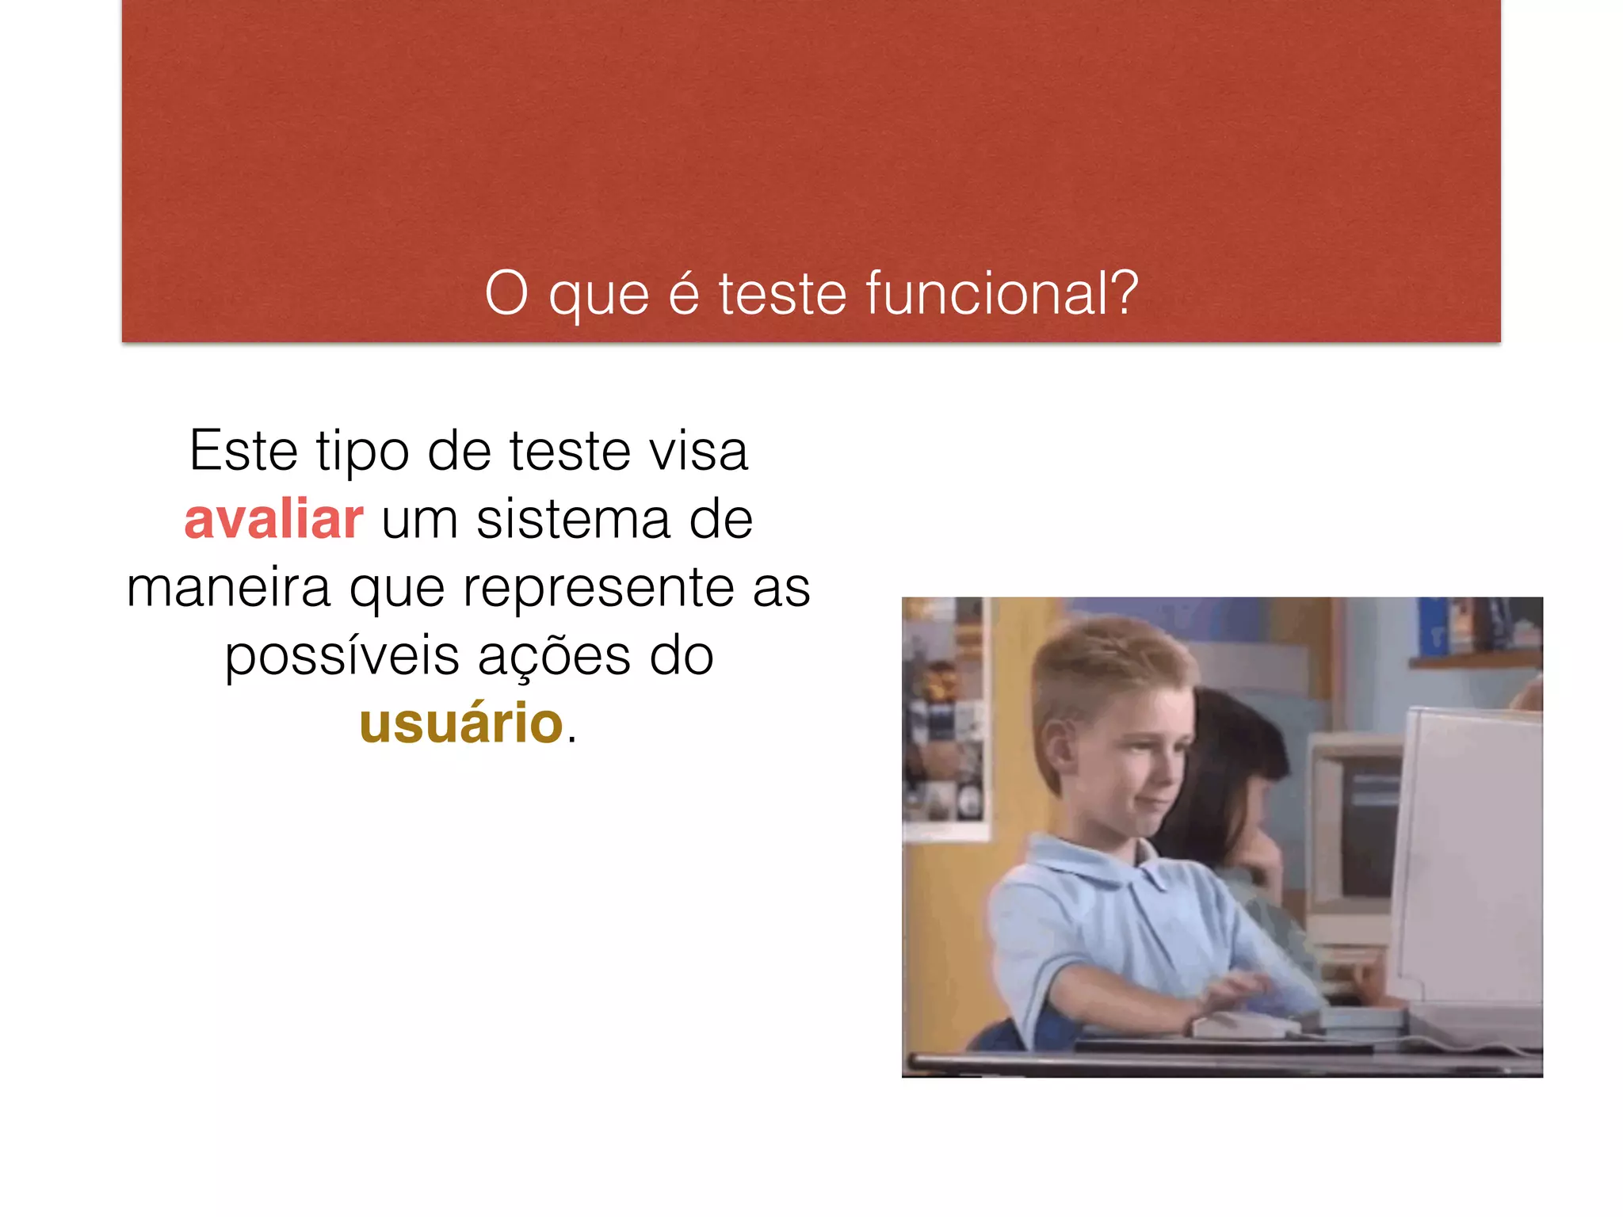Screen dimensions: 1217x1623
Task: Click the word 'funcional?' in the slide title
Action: (1002, 293)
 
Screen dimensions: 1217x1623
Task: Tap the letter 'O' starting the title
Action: (506, 293)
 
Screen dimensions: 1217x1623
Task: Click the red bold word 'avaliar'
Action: (273, 520)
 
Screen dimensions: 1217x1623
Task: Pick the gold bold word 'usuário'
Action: (461, 723)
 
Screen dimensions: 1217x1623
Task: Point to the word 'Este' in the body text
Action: (243, 451)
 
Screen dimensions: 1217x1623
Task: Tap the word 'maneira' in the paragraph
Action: (228, 588)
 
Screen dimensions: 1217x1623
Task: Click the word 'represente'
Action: (598, 588)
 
